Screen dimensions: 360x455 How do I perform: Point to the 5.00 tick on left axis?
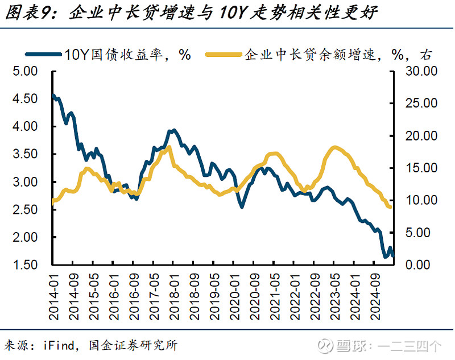click(x=24, y=72)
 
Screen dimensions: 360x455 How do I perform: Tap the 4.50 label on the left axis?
click(x=24, y=100)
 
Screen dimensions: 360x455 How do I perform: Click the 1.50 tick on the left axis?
click(x=24, y=265)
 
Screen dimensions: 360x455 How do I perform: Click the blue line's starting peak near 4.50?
click(x=54, y=96)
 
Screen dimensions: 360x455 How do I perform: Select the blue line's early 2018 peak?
click(x=172, y=130)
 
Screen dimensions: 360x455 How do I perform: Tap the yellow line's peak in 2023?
click(x=334, y=147)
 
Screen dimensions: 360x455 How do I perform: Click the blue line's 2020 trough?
click(x=242, y=206)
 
